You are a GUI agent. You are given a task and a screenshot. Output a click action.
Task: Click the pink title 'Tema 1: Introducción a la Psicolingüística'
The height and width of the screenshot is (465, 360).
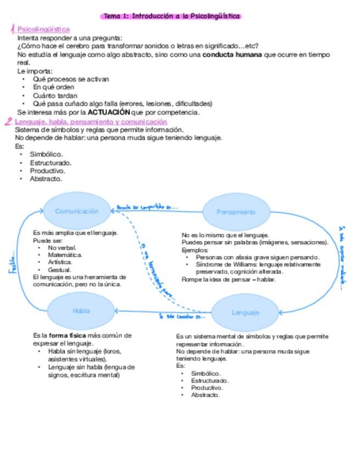tap(172, 16)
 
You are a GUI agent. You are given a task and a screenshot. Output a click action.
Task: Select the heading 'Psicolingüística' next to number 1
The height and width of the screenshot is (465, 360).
tap(43, 29)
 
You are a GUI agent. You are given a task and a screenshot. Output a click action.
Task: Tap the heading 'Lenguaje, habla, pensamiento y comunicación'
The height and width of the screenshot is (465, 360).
tap(91, 122)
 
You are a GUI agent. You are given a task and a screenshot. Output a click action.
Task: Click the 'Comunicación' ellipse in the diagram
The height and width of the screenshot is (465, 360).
tap(77, 211)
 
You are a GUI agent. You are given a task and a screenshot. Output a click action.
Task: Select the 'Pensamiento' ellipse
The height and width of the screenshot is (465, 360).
tap(235, 212)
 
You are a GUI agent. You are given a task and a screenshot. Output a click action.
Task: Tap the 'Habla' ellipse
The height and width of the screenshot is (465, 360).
tap(81, 311)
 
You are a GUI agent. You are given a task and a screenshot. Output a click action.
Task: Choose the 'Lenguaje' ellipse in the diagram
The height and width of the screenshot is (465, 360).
tap(245, 313)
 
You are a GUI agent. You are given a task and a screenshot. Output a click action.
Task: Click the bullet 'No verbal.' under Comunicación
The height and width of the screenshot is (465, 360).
tap(62, 248)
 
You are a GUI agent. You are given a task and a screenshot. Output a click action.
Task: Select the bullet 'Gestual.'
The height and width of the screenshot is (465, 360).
tap(59, 270)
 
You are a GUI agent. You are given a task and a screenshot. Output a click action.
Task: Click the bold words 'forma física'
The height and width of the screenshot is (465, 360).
tap(67, 335)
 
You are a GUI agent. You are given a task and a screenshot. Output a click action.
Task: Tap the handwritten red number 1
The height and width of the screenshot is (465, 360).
tap(12, 29)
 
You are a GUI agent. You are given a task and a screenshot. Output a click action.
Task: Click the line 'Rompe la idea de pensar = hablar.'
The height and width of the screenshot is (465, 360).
tap(228, 279)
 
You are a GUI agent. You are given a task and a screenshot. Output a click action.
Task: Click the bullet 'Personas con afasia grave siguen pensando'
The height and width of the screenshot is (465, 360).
tap(257, 257)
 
